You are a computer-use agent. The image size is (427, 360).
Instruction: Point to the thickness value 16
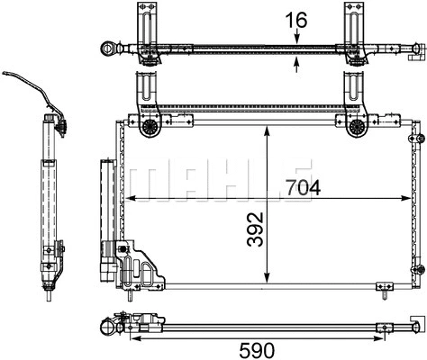[x=297, y=17]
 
